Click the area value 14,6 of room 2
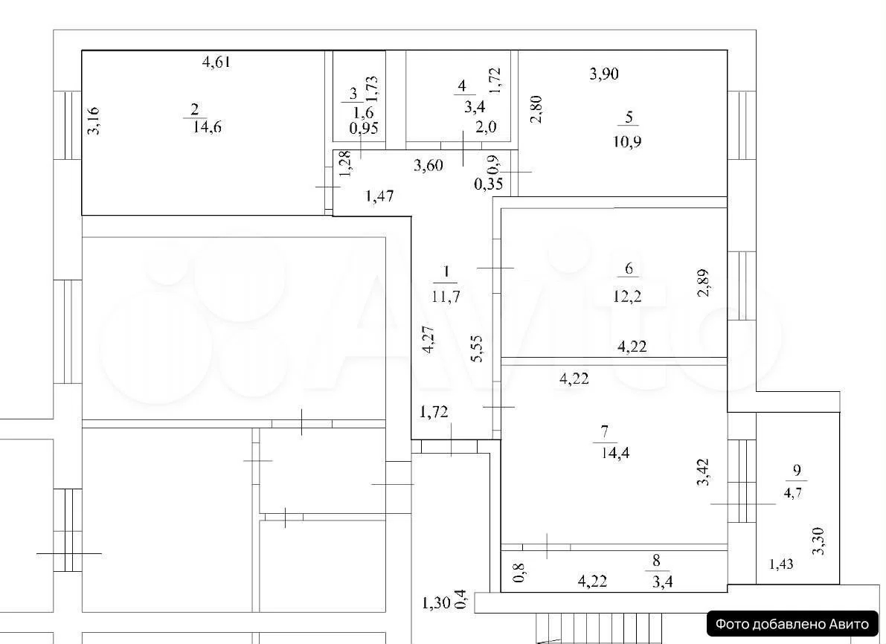[207, 127]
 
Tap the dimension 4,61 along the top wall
[216, 61]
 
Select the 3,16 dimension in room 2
[94, 120]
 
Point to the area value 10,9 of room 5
[627, 141]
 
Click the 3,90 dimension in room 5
[604, 74]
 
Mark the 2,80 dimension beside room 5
[536, 109]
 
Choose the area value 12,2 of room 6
[627, 295]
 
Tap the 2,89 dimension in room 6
[703, 283]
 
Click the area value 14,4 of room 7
[615, 453]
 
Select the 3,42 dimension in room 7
[703, 471]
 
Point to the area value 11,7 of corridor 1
[446, 296]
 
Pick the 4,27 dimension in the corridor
[429, 340]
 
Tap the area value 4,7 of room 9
[793, 492]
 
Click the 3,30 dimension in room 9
[818, 541]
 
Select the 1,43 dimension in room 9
[781, 564]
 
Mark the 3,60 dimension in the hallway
[428, 166]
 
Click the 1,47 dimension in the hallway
[379, 196]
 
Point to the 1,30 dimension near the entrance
[436, 603]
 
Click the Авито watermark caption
[792, 624]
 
